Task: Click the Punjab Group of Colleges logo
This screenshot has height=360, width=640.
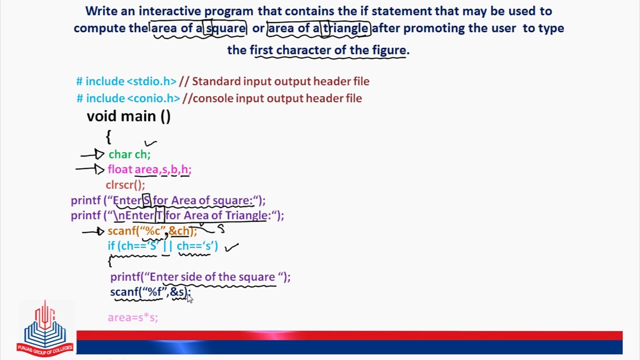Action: click(x=45, y=327)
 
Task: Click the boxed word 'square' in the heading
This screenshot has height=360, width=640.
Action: click(x=225, y=28)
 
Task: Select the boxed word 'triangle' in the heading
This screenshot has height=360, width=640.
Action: click(x=345, y=28)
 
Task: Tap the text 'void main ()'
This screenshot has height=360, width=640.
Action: click(x=128, y=116)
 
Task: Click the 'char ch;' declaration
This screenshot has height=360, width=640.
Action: click(x=129, y=154)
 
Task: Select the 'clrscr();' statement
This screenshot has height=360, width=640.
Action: click(x=125, y=185)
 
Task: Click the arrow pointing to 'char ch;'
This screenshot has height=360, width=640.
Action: click(x=92, y=155)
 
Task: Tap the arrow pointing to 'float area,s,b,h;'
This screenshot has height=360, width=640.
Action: click(x=90, y=169)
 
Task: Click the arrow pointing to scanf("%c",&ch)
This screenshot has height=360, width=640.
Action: click(x=93, y=231)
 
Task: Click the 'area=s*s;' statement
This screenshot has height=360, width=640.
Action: click(x=132, y=317)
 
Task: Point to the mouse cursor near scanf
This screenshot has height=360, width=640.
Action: click(x=189, y=297)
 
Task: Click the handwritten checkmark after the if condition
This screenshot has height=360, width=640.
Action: click(x=232, y=246)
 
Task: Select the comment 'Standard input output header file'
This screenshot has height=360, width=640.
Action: click(x=280, y=81)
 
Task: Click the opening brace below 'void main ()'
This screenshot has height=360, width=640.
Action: click(x=108, y=136)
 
